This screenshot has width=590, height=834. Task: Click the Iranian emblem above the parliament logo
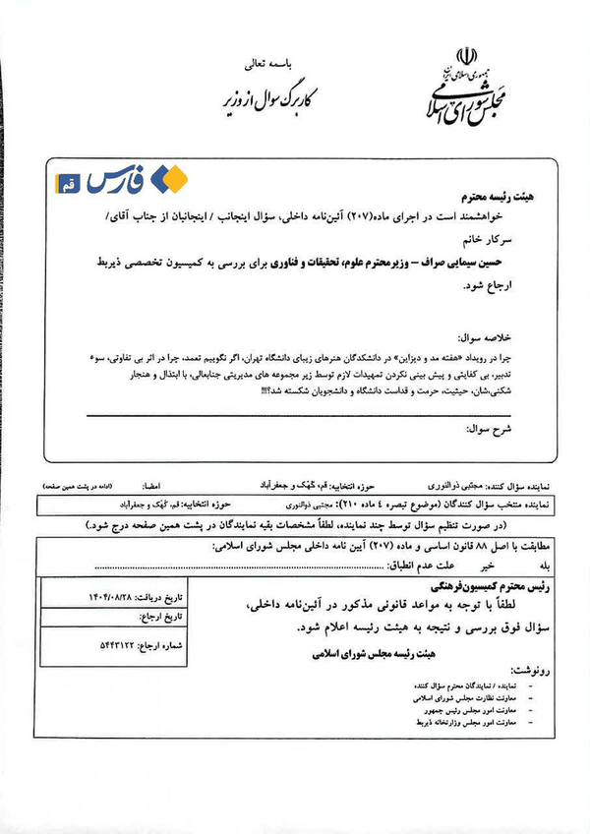pyautogui.click(x=468, y=56)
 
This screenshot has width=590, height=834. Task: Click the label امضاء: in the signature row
pyautogui.click(x=152, y=486)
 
